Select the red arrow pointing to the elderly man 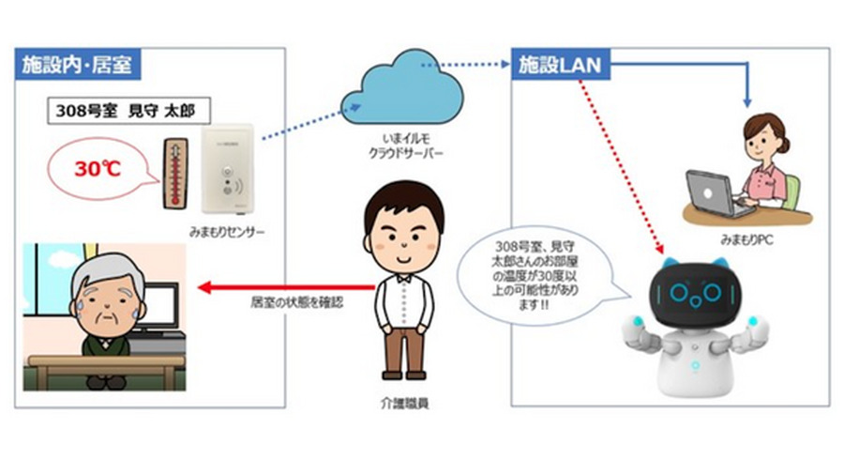pos(281,287)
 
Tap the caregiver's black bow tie pos(404,278)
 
